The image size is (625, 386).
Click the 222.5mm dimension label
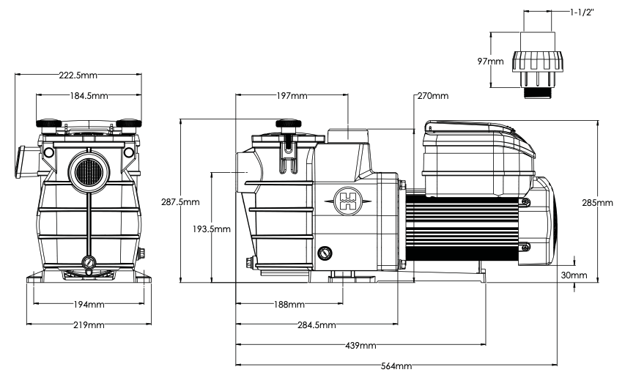point(78,75)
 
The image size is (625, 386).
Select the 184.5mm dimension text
point(89,96)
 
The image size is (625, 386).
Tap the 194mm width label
point(89,305)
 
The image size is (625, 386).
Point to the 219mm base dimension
point(89,325)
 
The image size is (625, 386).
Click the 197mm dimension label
point(292,96)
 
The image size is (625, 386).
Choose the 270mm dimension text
point(433,96)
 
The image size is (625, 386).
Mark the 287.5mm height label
point(180,202)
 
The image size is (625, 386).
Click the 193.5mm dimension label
point(211,229)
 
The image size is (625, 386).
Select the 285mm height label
point(597,203)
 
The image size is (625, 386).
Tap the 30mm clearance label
point(574,275)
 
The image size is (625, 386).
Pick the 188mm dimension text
point(289,305)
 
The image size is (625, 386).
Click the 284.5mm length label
point(317,325)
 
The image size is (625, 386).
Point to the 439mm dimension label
point(360,346)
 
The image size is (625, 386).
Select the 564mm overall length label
point(396,366)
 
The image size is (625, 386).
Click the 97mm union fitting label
point(490,62)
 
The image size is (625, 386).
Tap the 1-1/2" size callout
point(582,12)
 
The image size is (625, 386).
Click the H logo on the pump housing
point(348,201)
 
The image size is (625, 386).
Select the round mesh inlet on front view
point(89,172)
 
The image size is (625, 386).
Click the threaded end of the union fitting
point(537,93)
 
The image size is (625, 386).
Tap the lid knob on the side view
point(288,124)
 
